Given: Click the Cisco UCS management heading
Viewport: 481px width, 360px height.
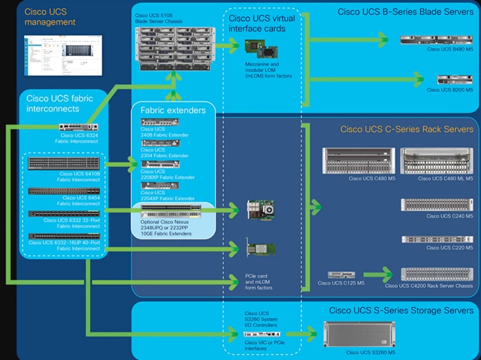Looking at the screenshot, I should point(50,17).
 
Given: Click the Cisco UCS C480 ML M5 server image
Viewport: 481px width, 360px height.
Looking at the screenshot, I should point(436,162).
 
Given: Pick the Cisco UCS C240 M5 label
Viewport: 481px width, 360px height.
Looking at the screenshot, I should point(449,216).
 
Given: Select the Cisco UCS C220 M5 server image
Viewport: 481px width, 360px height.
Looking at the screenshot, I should point(437,239).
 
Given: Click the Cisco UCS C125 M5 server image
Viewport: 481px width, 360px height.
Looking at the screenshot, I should point(341,275).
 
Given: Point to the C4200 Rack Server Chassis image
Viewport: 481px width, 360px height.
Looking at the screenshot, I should point(436,274).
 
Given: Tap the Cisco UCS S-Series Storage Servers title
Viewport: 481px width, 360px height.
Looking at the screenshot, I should point(401,311).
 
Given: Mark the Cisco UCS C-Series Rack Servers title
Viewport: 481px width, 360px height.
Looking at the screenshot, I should point(406,130).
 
